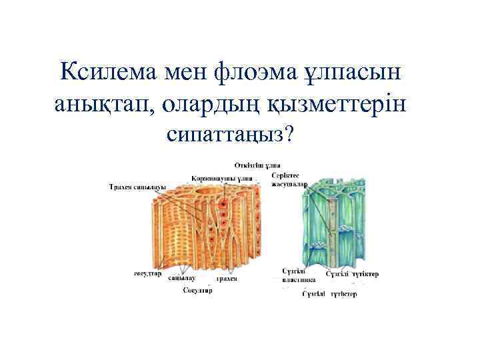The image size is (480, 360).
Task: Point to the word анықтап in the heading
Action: tap(99, 104)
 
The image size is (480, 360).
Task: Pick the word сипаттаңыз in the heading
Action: tap(224, 134)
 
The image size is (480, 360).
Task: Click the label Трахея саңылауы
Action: tap(137, 187)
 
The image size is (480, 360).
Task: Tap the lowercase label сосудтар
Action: tap(147, 273)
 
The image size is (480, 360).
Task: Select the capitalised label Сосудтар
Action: tap(198, 290)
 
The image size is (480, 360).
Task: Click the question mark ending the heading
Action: tap(289, 134)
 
